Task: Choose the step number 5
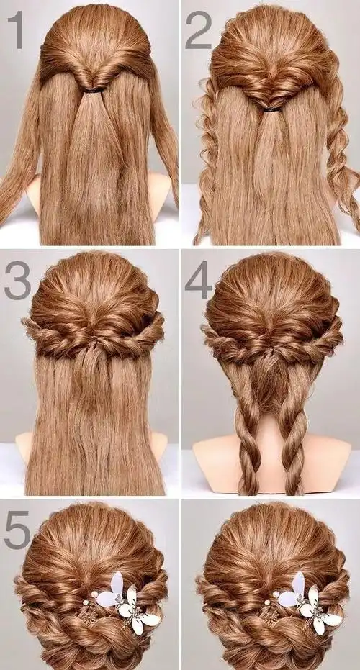(x=17, y=530)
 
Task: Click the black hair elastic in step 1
(x=94, y=90)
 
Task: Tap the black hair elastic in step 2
(x=272, y=109)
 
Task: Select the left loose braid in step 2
(x=207, y=158)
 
